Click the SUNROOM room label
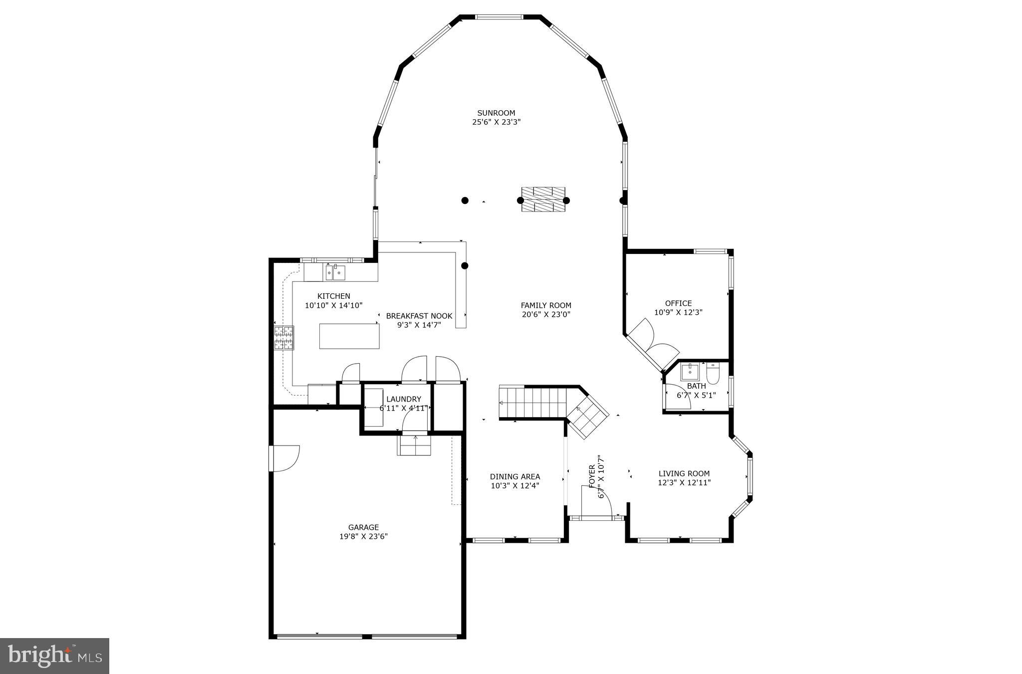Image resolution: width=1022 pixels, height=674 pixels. (496, 113)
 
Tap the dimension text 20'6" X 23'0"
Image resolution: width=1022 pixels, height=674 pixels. (546, 314)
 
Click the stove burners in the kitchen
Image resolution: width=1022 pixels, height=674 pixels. (284, 338)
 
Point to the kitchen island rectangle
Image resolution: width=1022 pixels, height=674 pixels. (349, 336)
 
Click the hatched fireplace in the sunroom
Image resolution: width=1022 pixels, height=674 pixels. (543, 200)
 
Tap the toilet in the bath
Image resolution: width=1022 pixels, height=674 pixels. (713, 374)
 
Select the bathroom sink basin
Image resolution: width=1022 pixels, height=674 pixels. (691, 372)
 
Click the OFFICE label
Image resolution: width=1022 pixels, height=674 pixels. (678, 303)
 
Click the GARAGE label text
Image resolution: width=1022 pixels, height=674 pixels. (363, 527)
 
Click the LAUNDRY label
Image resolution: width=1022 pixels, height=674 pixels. (404, 399)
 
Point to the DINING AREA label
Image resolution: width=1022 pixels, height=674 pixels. (514, 476)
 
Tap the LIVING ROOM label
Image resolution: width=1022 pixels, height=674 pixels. (684, 473)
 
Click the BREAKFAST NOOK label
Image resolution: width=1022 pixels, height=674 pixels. (419, 316)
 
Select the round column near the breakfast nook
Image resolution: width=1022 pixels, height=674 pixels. (465, 266)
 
